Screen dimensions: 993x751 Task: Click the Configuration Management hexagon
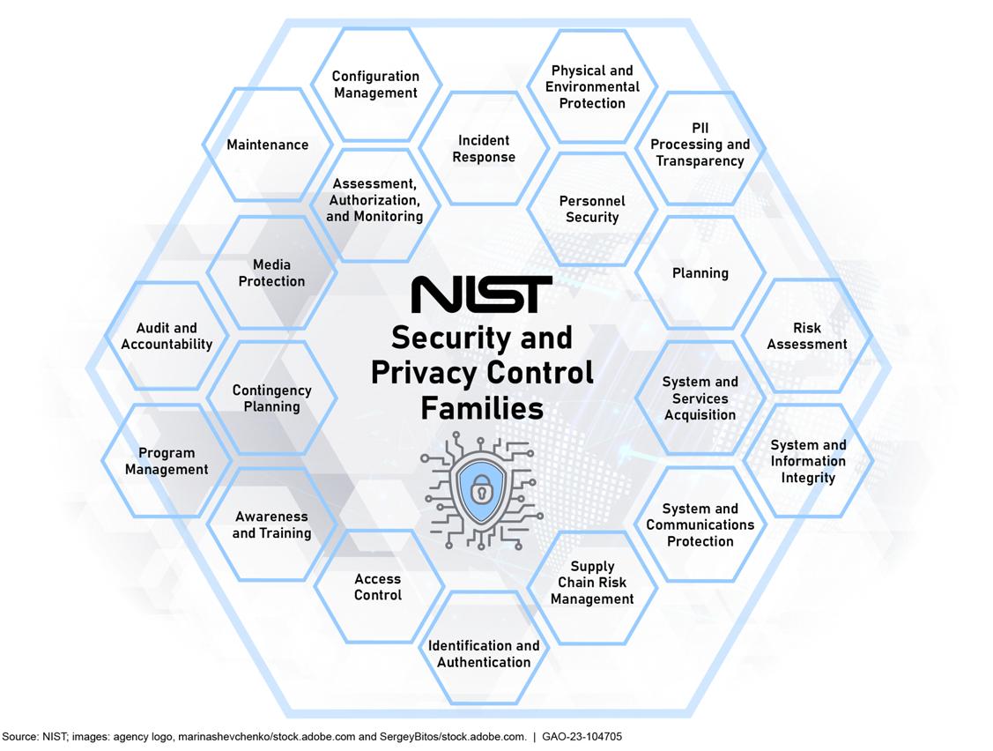point(375,85)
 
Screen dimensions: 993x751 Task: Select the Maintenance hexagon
point(268,145)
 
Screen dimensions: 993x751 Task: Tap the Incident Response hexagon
point(484,148)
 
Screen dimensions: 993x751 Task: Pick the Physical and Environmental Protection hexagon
point(592,86)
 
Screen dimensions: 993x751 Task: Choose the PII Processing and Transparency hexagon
point(700,145)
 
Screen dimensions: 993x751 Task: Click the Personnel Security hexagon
point(592,209)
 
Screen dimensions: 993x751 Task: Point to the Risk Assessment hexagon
point(807,336)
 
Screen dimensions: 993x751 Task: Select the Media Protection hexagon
point(271,272)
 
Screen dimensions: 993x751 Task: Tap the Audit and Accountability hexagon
point(167,336)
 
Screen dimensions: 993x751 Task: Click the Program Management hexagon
point(167,461)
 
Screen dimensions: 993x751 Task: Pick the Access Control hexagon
point(378,587)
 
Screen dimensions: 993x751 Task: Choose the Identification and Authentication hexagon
point(484,653)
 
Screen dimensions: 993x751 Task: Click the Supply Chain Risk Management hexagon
point(592,583)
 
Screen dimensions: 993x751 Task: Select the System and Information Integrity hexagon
point(807,461)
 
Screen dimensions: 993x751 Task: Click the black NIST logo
point(482,294)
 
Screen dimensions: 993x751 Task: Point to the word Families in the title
point(481,408)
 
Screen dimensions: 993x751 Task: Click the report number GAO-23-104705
point(582,736)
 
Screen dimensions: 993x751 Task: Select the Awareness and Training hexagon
point(271,524)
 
